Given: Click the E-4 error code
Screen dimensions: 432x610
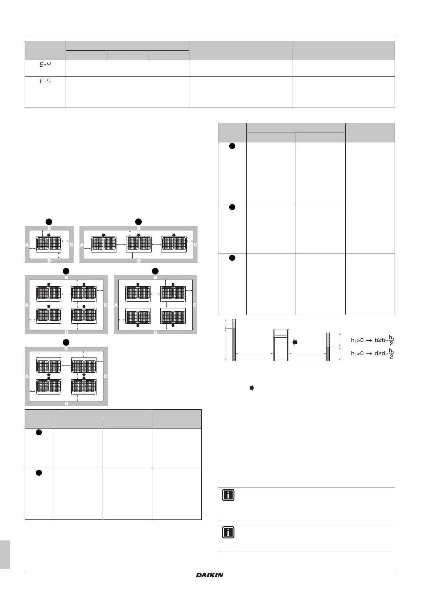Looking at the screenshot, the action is [45, 65].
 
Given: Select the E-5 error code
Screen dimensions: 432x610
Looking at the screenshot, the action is [45, 81].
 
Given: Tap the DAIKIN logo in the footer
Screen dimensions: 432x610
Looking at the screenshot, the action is [210, 575].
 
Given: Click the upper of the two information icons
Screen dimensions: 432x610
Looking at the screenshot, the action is [228, 495].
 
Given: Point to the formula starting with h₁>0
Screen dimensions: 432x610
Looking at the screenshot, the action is [373, 341].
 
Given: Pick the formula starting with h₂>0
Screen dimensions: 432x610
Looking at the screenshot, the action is [373, 354].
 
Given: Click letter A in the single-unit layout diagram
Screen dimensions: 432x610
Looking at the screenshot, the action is [27, 245].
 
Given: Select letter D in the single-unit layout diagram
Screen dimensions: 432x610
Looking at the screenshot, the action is [49, 260].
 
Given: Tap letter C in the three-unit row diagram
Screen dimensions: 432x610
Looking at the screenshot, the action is [196, 245].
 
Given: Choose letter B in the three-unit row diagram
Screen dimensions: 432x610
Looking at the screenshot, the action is [139, 228].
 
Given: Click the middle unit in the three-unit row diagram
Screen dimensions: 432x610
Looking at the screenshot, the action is [139, 244].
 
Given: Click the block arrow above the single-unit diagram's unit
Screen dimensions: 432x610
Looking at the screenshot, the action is [49, 235].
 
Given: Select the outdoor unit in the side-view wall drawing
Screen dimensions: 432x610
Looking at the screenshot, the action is [281, 345].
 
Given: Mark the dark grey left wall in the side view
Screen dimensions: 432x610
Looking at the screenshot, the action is [234, 345].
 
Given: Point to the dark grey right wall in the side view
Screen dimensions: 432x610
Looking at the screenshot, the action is [328, 354].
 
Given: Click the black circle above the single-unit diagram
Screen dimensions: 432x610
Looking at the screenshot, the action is [49, 221].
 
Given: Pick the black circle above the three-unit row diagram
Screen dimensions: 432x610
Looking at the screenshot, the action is [139, 221].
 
